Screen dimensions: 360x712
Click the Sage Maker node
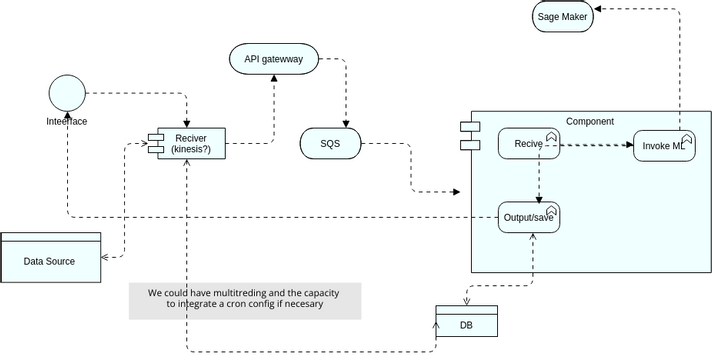[562, 16]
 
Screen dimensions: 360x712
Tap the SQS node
[330, 144]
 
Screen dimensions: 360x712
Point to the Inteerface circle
[67, 94]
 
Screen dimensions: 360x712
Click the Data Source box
[51, 260]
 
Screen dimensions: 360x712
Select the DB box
[466, 326]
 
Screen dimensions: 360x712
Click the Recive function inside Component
[529, 144]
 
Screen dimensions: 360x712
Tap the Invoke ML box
[663, 145]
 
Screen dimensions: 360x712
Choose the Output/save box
[529, 217]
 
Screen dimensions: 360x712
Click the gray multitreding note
[244, 300]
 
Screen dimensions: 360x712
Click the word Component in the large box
[590, 121]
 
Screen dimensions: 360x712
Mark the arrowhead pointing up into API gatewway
[275, 78]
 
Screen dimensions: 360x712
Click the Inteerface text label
[67, 121]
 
